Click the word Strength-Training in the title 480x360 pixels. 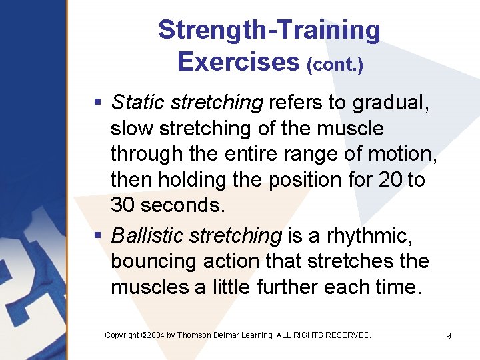pyautogui.click(x=269, y=31)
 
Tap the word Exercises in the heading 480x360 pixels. pyautogui.click(x=238, y=61)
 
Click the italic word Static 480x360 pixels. pyautogui.click(x=138, y=103)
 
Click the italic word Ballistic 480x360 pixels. pyautogui.click(x=147, y=236)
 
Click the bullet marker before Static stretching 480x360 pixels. pyautogui.click(x=97, y=103)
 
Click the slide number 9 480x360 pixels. pyautogui.click(x=449, y=336)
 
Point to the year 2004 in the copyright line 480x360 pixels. pyautogui.click(x=155, y=335)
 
